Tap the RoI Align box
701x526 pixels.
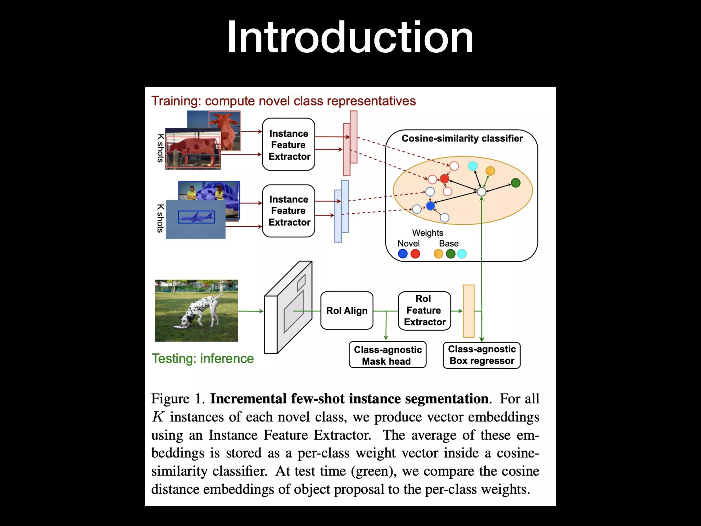347,311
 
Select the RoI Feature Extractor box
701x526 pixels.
424,311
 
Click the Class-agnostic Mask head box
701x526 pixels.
387,355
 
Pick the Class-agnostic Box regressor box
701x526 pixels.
482,355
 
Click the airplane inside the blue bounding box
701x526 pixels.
196,217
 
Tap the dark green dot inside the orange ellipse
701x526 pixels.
515,183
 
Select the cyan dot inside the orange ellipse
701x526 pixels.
473,166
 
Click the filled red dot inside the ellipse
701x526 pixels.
444,178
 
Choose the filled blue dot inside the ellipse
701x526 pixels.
430,206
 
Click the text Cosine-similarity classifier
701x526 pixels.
462,138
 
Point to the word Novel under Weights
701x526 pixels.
408,243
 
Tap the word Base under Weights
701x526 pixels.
449,243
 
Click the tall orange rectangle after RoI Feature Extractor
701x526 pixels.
469,311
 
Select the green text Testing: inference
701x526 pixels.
203,359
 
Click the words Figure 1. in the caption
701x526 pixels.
178,399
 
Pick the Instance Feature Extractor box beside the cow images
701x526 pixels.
289,145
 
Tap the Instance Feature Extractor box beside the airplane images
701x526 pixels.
289,211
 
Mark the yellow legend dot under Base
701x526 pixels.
438,254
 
